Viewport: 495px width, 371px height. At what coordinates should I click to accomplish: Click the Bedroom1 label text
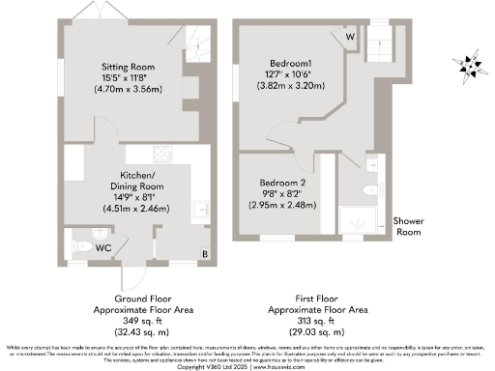tap(292, 62)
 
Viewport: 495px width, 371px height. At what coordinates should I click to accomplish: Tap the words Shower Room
tap(408, 226)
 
